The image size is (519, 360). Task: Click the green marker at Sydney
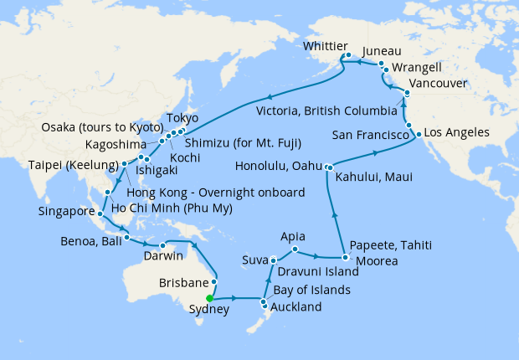pyautogui.click(x=209, y=297)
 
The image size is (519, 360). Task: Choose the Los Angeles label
pyautogui.click(x=457, y=133)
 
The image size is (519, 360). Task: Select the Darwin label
pyautogui.click(x=164, y=255)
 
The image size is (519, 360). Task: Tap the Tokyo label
pyautogui.click(x=182, y=117)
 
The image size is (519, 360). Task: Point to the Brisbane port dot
pyautogui.click(x=215, y=282)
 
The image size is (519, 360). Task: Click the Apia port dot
pyautogui.click(x=295, y=249)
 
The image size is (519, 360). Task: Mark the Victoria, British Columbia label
pyautogui.click(x=326, y=111)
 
